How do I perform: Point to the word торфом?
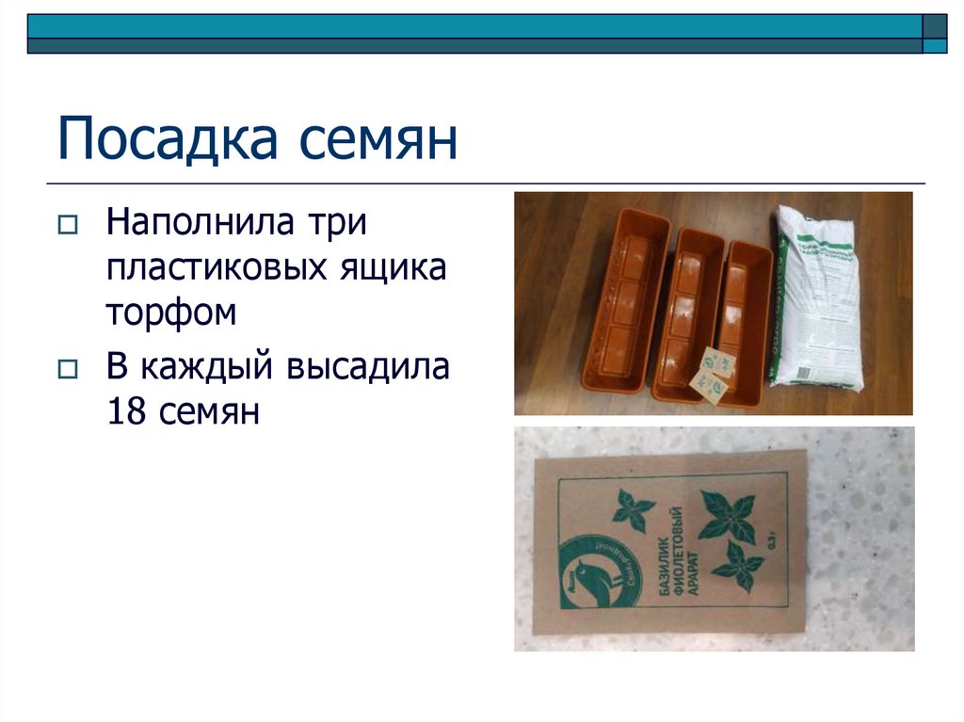(x=170, y=313)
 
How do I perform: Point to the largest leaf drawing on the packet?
(x=726, y=515)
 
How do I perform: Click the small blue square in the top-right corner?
(x=935, y=45)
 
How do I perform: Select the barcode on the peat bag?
(x=804, y=374)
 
